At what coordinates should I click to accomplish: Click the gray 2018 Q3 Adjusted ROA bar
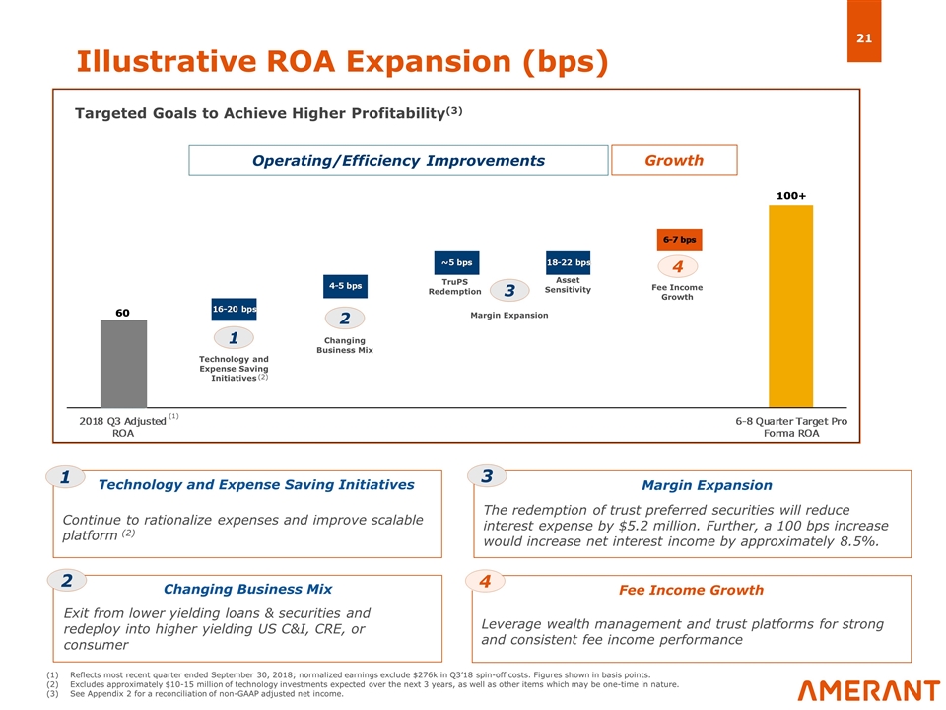pyautogui.click(x=124, y=364)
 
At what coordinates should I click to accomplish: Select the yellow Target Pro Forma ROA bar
pyautogui.click(x=790, y=307)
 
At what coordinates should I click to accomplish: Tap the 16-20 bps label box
pyautogui.click(x=235, y=309)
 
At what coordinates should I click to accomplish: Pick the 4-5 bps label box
pyautogui.click(x=345, y=286)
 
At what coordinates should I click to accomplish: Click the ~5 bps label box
pyautogui.click(x=456, y=262)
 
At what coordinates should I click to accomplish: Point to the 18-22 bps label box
pyautogui.click(x=569, y=262)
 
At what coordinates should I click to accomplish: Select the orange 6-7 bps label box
pyautogui.click(x=679, y=240)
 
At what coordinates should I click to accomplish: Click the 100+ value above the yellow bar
pyautogui.click(x=791, y=196)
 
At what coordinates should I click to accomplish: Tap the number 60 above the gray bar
pyautogui.click(x=122, y=313)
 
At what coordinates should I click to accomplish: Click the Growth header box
pyautogui.click(x=674, y=160)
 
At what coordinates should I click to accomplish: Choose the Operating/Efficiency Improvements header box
pyautogui.click(x=398, y=160)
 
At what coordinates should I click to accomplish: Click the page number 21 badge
pyautogui.click(x=864, y=32)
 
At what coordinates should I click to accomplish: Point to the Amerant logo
pyautogui.click(x=869, y=690)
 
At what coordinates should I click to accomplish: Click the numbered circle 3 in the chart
pyautogui.click(x=509, y=290)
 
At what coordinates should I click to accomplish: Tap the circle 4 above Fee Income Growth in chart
pyautogui.click(x=678, y=267)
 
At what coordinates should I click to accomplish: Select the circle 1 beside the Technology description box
pyautogui.click(x=65, y=477)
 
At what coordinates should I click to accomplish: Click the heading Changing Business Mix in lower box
pyautogui.click(x=248, y=589)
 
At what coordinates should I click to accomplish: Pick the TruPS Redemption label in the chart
pyautogui.click(x=455, y=287)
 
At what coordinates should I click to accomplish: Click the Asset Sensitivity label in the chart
pyautogui.click(x=568, y=285)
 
